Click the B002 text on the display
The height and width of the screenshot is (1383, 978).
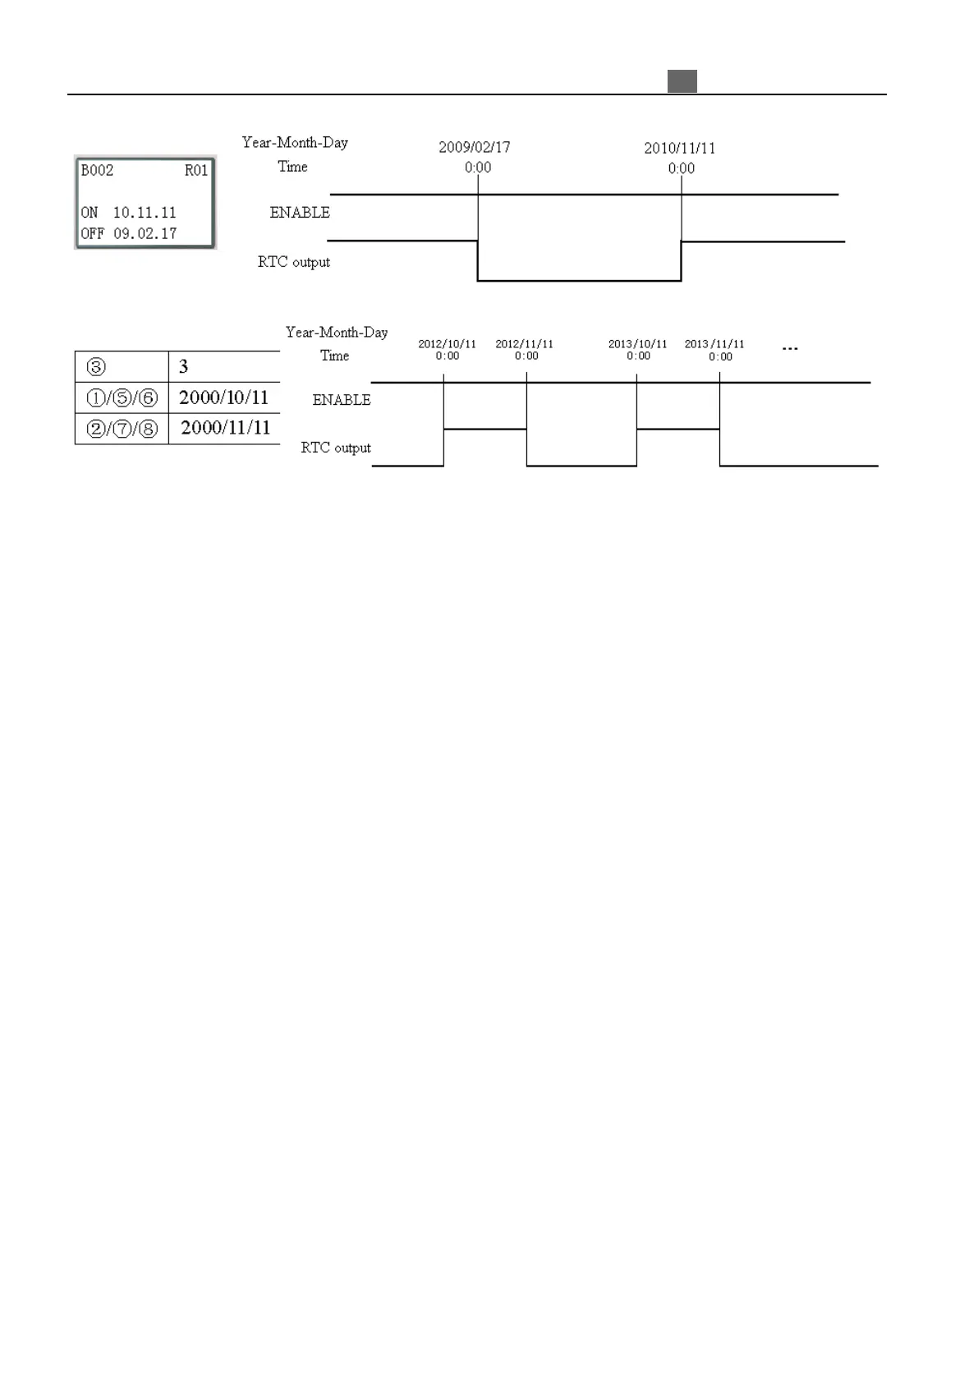97,171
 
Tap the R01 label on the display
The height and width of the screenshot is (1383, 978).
196,171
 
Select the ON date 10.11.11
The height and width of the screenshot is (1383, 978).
145,213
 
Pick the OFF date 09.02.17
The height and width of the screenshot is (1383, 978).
145,234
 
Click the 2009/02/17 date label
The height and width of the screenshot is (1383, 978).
474,148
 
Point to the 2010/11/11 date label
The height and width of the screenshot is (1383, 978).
679,149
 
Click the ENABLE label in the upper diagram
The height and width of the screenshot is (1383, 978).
300,213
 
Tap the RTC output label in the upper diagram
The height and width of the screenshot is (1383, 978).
294,263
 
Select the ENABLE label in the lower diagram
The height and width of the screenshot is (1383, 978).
342,400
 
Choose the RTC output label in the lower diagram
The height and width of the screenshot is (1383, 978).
336,448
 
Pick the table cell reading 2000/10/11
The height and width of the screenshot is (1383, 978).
224,398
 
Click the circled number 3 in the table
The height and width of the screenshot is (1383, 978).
96,367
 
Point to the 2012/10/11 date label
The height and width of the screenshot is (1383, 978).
447,344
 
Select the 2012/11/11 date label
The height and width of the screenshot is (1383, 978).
524,344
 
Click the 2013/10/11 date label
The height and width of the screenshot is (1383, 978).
637,344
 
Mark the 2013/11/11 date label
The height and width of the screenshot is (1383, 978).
714,344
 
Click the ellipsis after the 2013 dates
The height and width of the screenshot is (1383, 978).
790,349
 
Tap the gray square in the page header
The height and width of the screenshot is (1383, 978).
682,81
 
